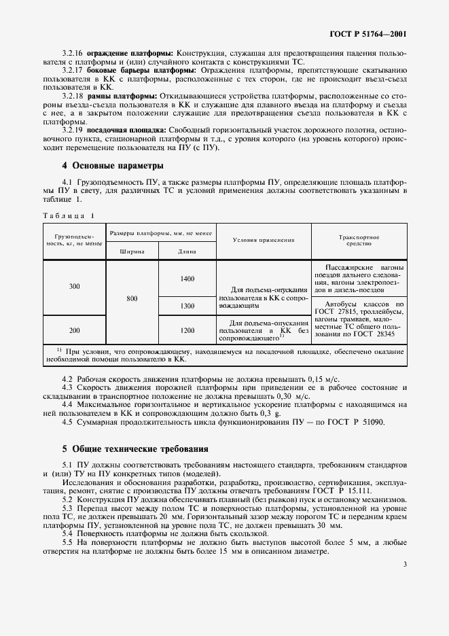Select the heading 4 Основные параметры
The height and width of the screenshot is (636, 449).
[x=113, y=165]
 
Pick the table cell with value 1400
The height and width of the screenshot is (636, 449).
[x=187, y=279]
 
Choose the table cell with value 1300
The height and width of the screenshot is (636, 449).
[x=187, y=306]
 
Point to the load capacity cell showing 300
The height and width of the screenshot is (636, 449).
[x=74, y=287]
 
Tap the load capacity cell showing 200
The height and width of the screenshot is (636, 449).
[x=74, y=330]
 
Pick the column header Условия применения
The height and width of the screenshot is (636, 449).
[x=264, y=240]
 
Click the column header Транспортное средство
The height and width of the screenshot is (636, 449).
[x=359, y=240]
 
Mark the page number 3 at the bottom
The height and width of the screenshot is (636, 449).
[x=404, y=602]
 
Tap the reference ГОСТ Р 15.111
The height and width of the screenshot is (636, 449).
[x=365, y=490]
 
